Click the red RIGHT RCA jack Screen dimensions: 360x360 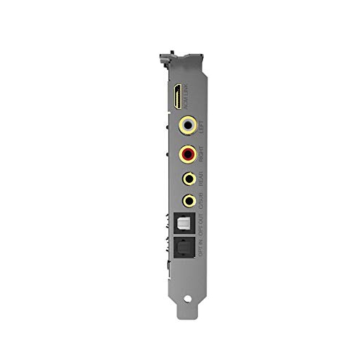pyautogui.click(x=189, y=153)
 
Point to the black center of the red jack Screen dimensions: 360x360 pyautogui.click(x=189, y=153)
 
